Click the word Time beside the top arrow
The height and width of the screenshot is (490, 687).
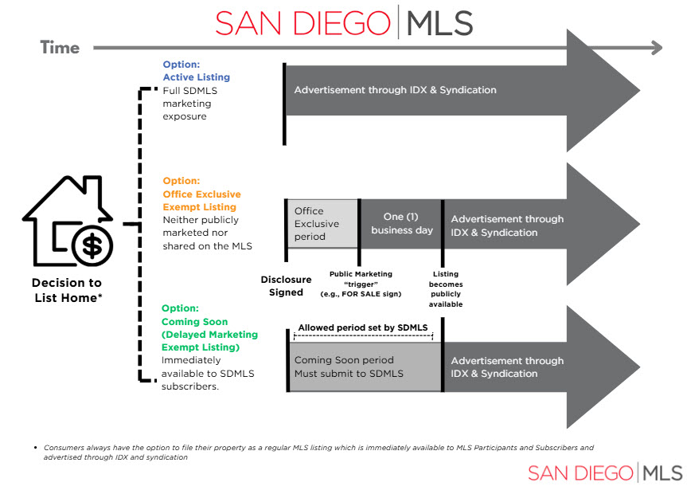[60, 48]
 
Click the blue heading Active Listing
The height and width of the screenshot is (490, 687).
[196, 77]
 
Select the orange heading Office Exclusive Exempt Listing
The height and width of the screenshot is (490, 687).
[201, 200]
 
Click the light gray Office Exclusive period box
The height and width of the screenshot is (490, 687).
[321, 224]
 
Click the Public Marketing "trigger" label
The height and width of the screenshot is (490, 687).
[361, 284]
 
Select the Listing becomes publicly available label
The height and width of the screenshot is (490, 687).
[446, 289]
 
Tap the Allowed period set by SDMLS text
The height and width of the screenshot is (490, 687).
[362, 327]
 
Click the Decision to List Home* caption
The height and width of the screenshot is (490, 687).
[67, 290]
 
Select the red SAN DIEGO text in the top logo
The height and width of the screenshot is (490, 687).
[302, 23]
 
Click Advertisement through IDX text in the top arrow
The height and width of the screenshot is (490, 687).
[395, 90]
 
